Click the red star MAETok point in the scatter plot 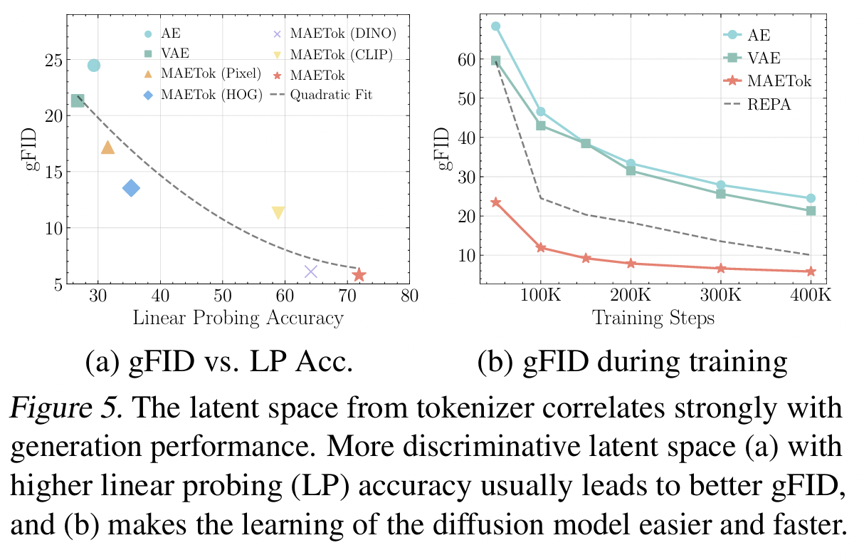(359, 274)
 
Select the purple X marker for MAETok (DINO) (311, 271)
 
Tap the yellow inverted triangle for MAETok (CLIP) (278, 212)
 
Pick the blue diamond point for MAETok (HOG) (131, 188)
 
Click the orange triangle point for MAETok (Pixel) (107, 147)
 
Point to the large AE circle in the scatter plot (94, 66)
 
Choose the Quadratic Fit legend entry (330, 95)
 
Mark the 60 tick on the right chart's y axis (467, 60)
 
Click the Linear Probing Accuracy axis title (238, 318)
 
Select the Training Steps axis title (653, 318)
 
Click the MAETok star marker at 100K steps (540, 248)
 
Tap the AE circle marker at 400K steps (811, 198)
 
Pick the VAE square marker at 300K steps (720, 194)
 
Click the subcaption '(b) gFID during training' (633, 362)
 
